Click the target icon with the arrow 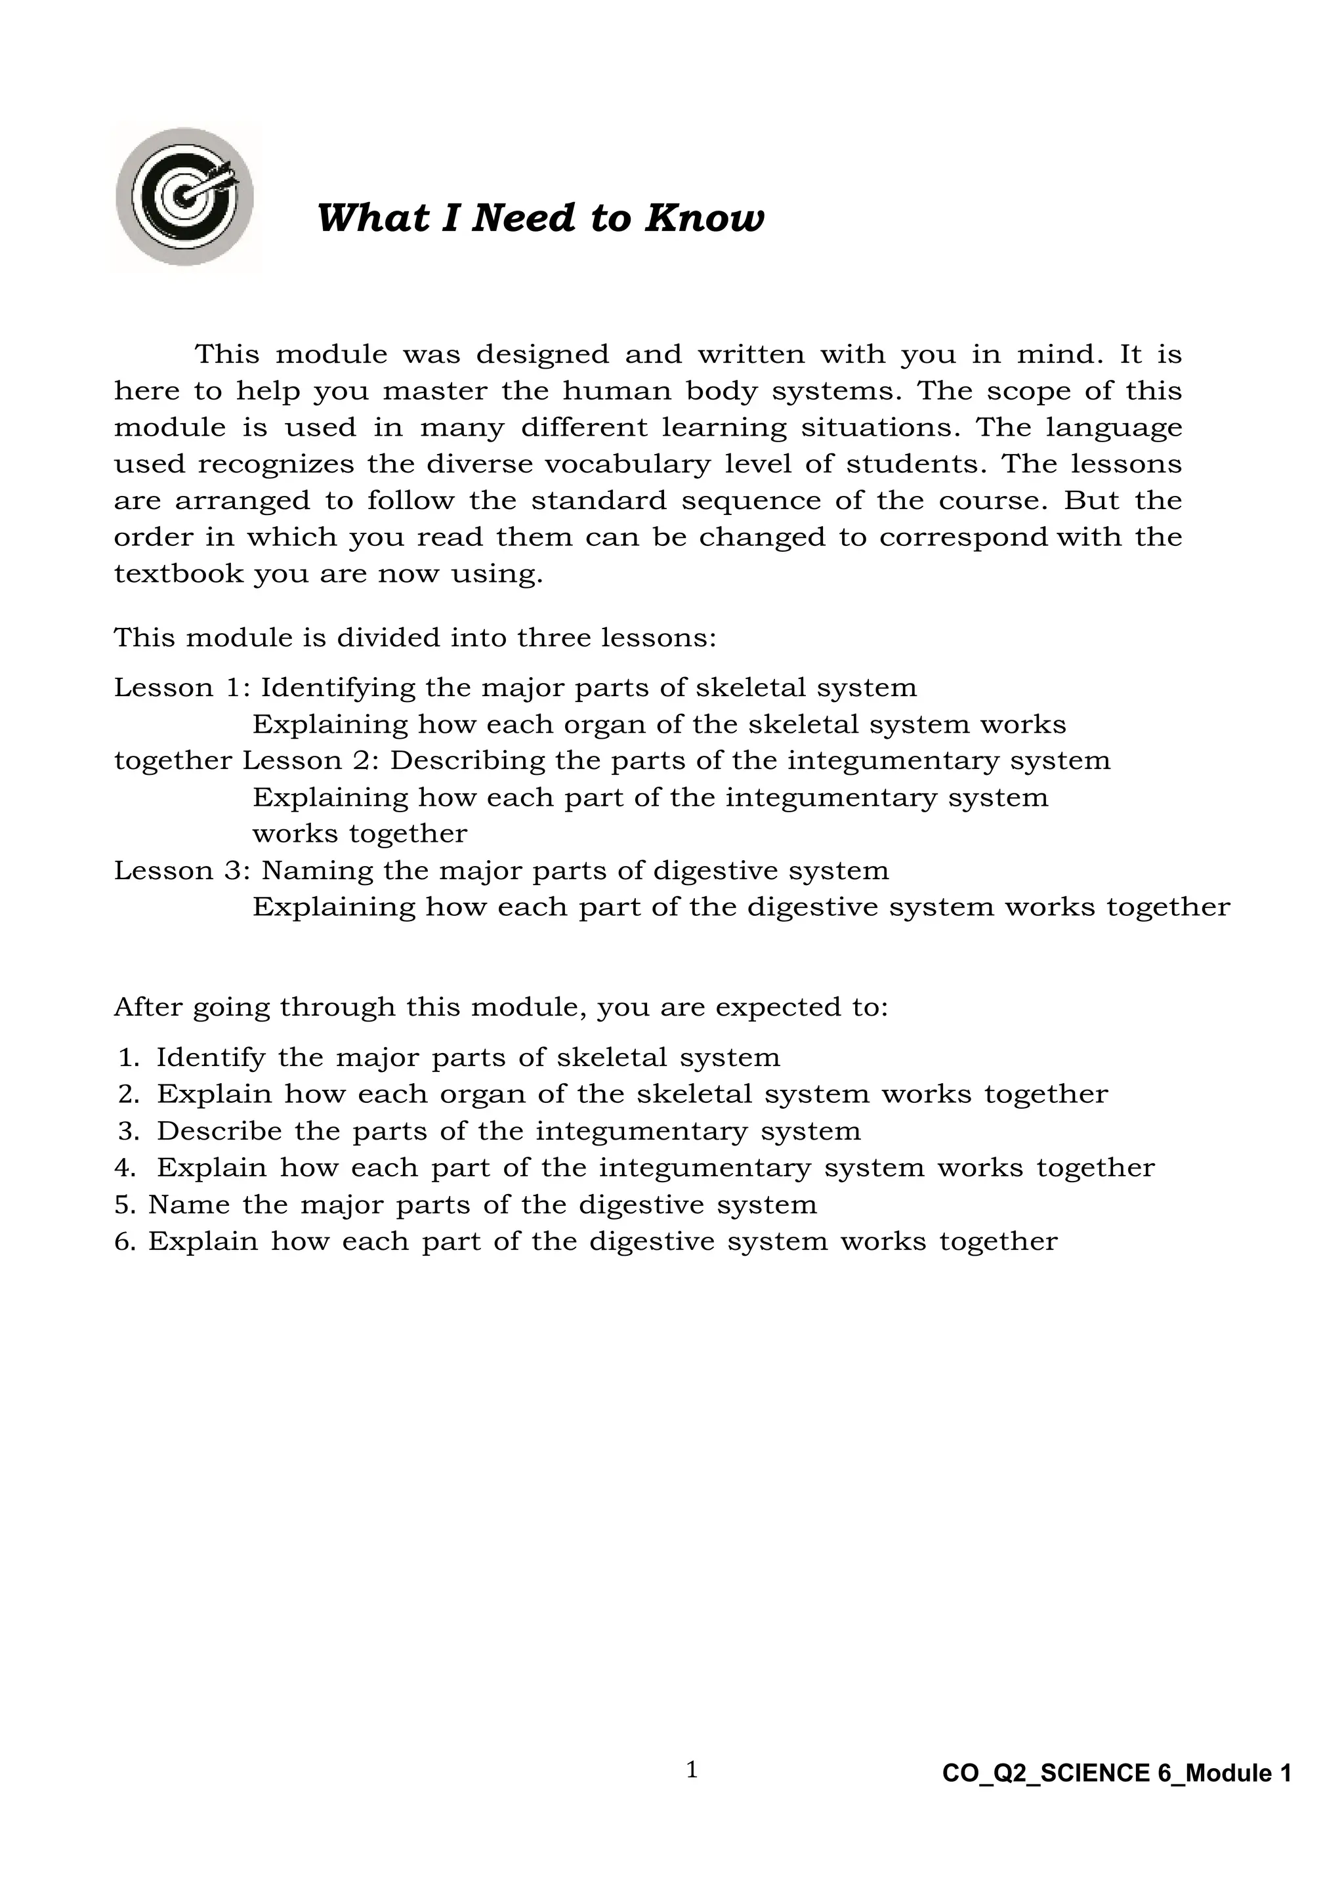pos(185,196)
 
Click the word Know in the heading pos(704,218)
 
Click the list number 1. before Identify pos(130,1058)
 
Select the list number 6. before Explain pos(126,1241)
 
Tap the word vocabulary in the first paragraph pos(627,465)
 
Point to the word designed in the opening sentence pos(542,355)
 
